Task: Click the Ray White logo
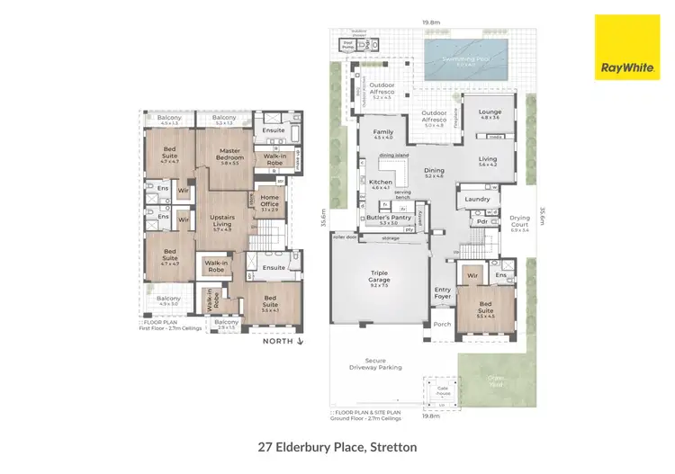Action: (x=626, y=47)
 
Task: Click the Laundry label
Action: (x=477, y=199)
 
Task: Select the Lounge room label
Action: (x=490, y=114)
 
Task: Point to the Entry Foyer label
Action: (x=443, y=292)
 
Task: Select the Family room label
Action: (x=383, y=134)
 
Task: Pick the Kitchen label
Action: (x=380, y=184)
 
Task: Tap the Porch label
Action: (x=442, y=326)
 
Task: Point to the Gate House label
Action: (x=442, y=390)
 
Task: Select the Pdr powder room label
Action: (x=482, y=221)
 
